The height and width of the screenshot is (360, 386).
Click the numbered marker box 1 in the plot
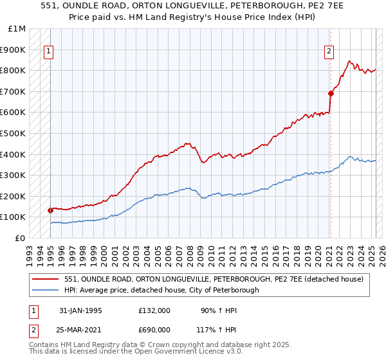tap(48, 52)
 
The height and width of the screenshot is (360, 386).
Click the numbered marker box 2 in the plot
tap(329, 52)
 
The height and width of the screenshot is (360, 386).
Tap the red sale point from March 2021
tap(331, 93)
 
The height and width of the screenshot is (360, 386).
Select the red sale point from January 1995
tap(51, 210)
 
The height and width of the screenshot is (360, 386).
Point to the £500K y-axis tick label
tap(13, 133)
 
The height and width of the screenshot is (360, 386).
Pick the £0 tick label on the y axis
tap(21, 238)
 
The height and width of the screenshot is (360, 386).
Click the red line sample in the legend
tap(45, 279)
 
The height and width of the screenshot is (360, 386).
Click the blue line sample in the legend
tap(45, 290)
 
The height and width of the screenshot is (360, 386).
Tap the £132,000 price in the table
tap(154, 310)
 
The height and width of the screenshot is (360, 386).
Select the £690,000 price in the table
tap(154, 330)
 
